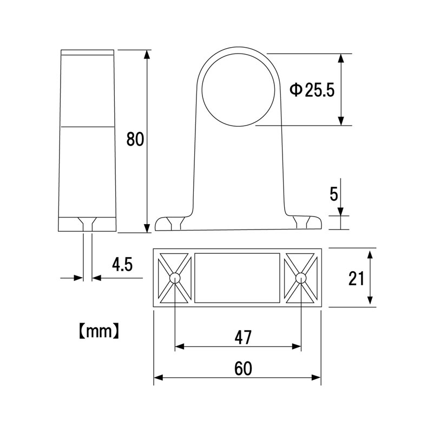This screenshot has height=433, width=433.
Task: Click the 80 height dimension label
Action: tap(135, 139)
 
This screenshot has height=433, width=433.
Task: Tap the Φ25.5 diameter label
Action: tap(312, 90)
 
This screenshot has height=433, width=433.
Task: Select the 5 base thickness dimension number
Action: tap(334, 194)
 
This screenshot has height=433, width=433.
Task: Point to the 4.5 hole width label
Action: tap(122, 264)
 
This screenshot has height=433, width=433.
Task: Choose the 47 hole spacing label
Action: tap(243, 337)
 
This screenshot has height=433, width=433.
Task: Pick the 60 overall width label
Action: tap(243, 369)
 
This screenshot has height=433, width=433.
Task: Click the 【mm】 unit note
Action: tap(99, 331)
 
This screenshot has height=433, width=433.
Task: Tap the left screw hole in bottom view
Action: tap(175, 278)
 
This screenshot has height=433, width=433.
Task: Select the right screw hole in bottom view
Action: tap(300, 278)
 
